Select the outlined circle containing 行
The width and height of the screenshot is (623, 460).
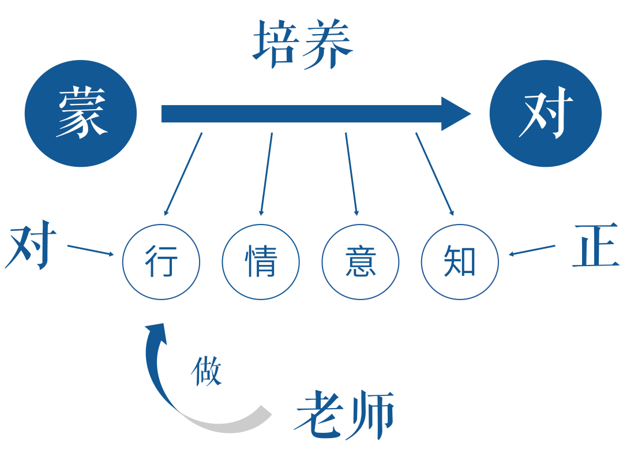pyautogui.click(x=161, y=261)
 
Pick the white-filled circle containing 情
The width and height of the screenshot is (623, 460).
pyautogui.click(x=261, y=261)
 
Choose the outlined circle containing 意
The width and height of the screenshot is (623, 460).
pyautogui.click(x=360, y=261)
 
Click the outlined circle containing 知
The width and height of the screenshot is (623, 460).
pyautogui.click(x=460, y=261)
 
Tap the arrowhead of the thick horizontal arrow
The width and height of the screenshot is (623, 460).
pyautogui.click(x=456, y=114)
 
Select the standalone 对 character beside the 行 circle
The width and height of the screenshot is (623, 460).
pyautogui.click(x=32, y=246)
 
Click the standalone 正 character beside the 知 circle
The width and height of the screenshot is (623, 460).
pyautogui.click(x=595, y=246)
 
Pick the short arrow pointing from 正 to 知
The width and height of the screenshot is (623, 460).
pyautogui.click(x=532, y=250)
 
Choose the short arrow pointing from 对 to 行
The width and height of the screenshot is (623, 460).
pyautogui.click(x=90, y=250)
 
